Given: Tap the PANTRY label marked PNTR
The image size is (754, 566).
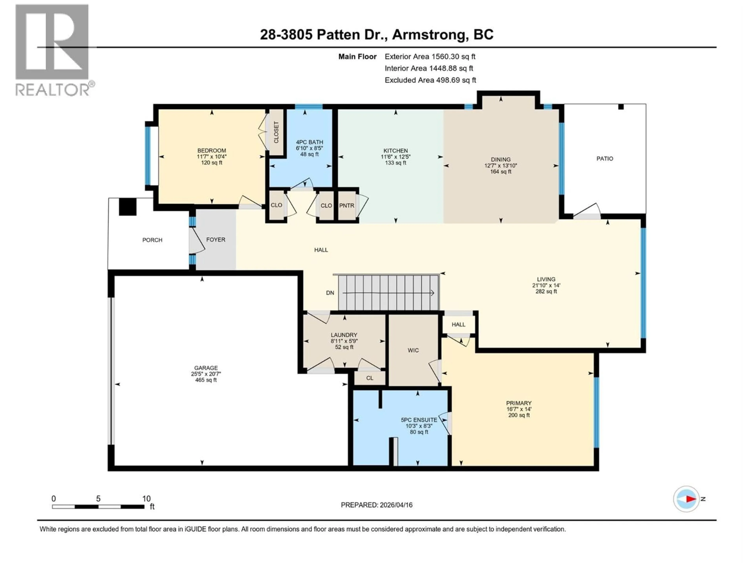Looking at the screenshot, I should point(347,205).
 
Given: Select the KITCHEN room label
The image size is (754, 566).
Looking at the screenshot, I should point(395,151).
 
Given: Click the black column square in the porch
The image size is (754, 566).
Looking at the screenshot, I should point(127,207).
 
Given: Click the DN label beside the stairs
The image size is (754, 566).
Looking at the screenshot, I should point(330,293).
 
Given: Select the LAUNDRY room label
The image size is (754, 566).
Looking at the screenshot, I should point(344,335).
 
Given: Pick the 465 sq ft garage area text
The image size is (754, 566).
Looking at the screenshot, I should point(206,380).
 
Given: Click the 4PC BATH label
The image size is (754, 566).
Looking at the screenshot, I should point(309,142).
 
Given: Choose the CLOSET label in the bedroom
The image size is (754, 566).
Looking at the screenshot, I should point(276,132).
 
